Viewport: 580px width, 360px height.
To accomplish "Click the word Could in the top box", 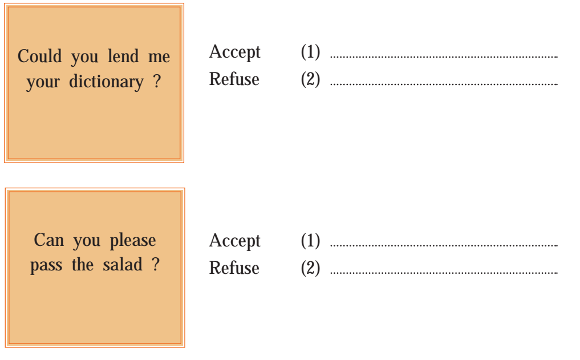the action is pos(40,56).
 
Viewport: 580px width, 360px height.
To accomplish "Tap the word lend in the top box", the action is pos(123,56).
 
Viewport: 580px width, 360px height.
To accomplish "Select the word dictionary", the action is pos(106,82).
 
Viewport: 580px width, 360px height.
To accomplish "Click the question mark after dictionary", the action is pos(157,81).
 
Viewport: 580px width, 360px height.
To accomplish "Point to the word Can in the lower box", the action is pos(49,240).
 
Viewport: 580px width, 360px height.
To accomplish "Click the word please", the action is pos(133,241).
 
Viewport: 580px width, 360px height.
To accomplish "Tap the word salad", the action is pos(123,265).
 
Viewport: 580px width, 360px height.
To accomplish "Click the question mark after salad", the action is pos(156,264).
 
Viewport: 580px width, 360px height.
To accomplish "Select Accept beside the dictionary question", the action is pos(235,52).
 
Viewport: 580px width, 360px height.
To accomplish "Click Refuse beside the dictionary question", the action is pos(234,79).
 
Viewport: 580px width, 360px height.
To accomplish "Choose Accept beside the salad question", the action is pos(235,241).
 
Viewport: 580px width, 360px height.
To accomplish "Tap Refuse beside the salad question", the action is pos(234,268).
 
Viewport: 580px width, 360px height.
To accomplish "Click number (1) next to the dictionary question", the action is pos(310,52).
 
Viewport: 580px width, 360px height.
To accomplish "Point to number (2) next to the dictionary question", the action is pos(310,79).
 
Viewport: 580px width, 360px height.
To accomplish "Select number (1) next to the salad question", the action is pos(310,241).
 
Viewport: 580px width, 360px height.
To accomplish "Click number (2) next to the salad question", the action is pos(310,268).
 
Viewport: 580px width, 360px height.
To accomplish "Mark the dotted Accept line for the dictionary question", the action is pos(444,57).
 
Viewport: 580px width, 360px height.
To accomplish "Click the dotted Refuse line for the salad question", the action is pos(444,273).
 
